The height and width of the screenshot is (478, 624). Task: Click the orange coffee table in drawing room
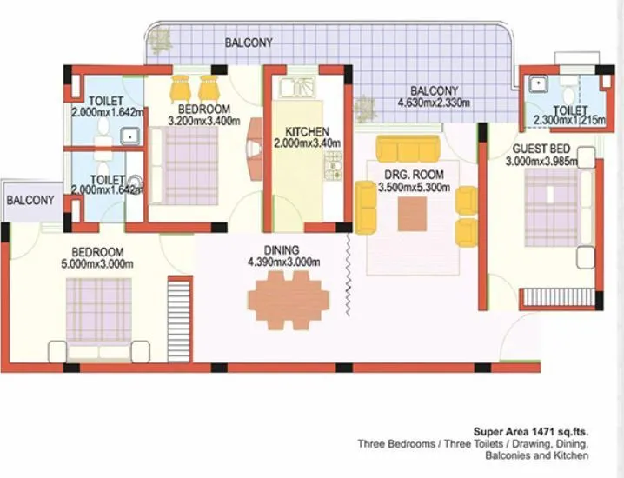pos(412,214)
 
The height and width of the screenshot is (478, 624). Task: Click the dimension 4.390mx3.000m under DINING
pos(283,262)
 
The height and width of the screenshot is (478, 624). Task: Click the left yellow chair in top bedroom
pos(180,87)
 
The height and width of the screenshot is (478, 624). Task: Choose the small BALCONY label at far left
pos(30,200)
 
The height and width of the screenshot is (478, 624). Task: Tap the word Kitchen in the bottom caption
pos(573,455)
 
